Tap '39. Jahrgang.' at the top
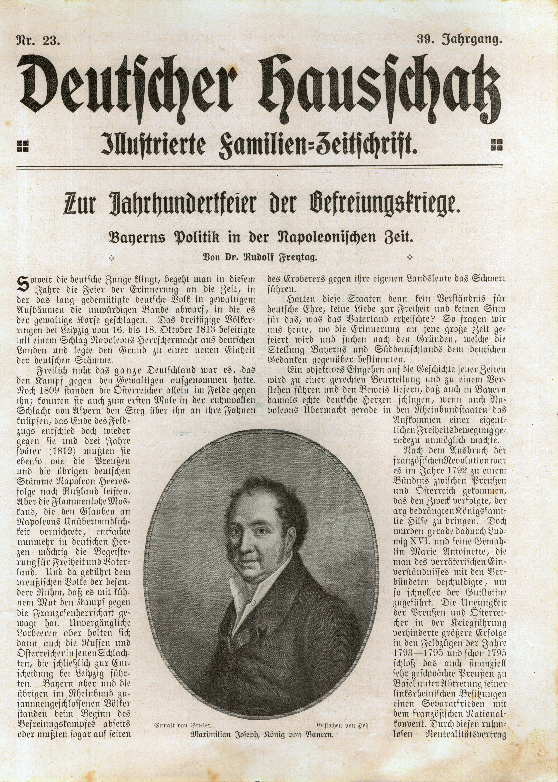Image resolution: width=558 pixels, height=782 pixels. point(459,41)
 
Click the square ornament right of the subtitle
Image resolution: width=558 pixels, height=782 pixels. point(497,145)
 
